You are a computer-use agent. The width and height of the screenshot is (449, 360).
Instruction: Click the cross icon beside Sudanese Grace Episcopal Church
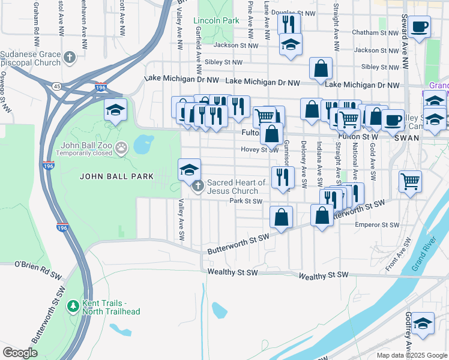coord(70,58)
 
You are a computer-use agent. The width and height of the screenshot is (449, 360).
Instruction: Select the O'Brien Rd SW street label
coord(38,265)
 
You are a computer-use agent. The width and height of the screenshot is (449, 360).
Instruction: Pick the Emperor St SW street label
coord(377,225)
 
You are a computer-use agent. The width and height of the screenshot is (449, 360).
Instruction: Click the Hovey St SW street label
coord(259,150)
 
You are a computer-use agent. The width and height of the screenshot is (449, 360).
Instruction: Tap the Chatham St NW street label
coord(376,32)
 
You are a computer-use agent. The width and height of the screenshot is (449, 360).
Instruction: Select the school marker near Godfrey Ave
coord(423,323)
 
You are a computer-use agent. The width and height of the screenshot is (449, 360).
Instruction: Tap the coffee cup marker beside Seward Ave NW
coord(420,26)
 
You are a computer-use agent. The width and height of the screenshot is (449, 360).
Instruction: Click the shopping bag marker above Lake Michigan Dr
coord(321,68)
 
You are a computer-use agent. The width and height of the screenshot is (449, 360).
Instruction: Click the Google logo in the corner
coord(20,353)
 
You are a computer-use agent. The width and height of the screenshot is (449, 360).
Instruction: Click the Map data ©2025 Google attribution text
coord(411,355)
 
